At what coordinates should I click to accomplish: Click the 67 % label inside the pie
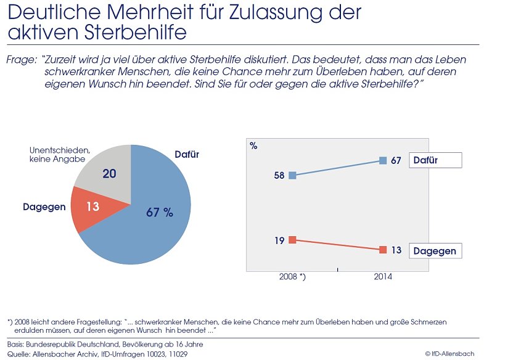coord(160,213)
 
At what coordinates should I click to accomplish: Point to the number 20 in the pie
coord(109,174)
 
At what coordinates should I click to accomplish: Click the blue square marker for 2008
coord(292,176)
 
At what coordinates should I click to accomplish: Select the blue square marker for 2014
coord(383,160)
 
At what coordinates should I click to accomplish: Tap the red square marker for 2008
coord(292,240)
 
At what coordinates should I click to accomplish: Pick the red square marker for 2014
coord(383,250)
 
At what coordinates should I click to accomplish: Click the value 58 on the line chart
coord(279,176)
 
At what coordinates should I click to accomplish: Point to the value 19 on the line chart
coord(279,240)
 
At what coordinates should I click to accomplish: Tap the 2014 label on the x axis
coord(383,277)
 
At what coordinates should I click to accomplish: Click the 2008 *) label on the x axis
coord(293,277)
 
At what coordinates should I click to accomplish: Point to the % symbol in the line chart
coord(254,145)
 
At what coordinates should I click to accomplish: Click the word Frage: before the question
coord(21,60)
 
